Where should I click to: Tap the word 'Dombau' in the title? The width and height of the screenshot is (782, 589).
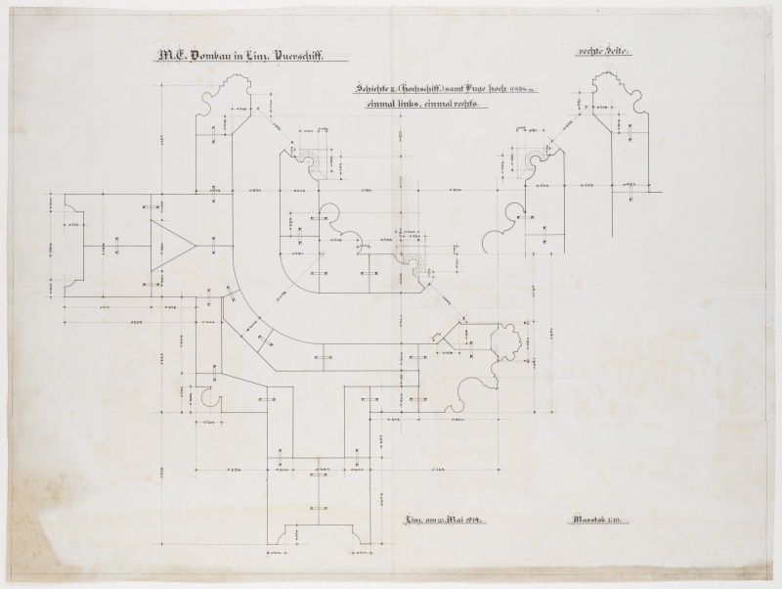(206, 57)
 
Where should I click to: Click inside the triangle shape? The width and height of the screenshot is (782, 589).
(168, 243)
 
